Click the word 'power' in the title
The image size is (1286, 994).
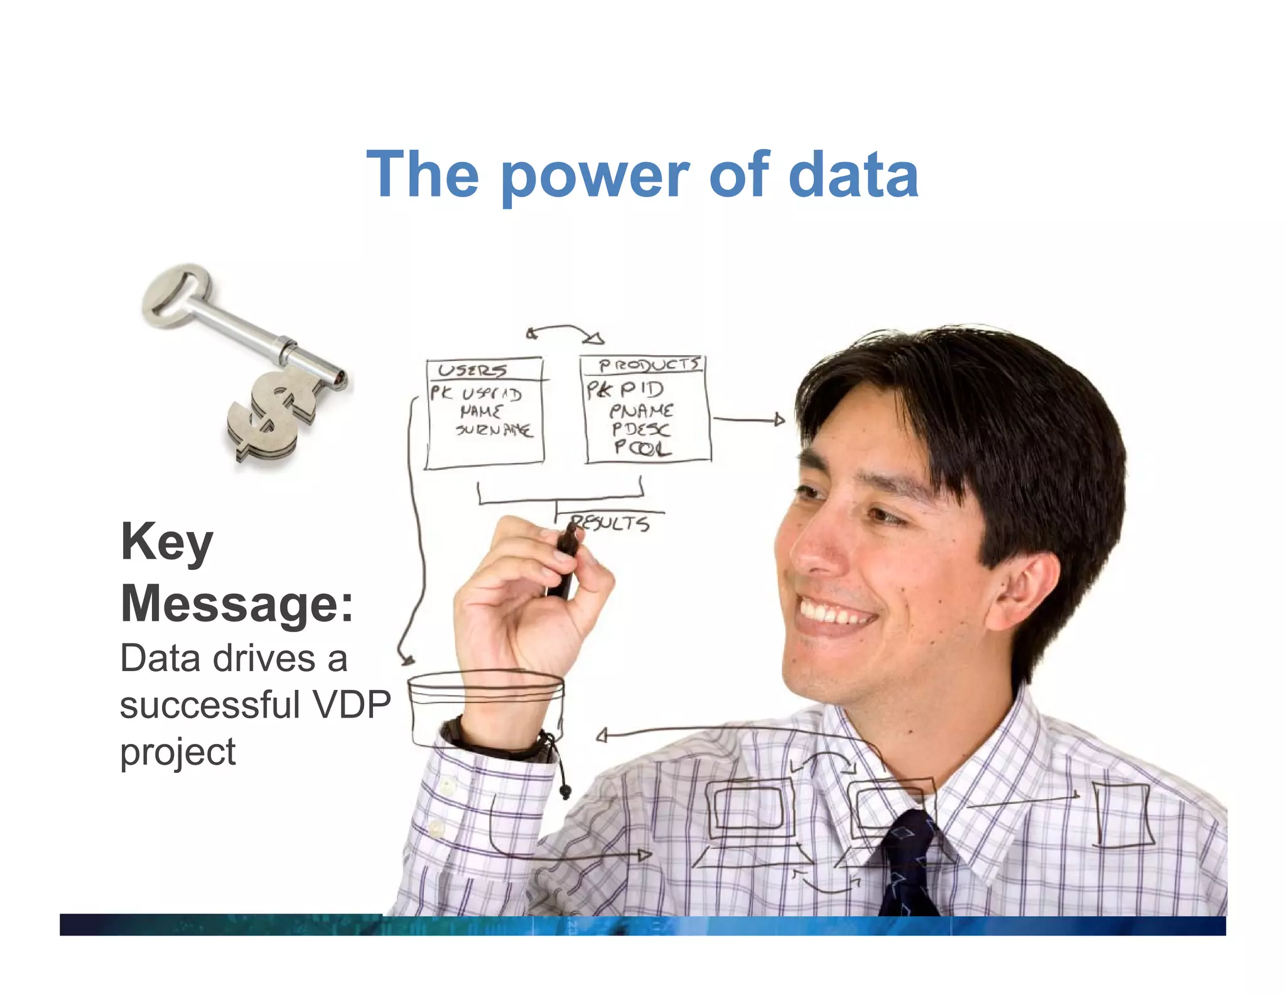(594, 177)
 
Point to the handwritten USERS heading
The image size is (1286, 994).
(472, 370)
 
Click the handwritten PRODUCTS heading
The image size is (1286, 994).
(648, 365)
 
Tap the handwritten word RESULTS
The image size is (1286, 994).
(610, 522)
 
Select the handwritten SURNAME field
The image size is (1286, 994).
(494, 430)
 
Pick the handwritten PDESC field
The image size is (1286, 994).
(641, 429)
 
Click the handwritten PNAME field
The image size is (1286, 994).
(641, 411)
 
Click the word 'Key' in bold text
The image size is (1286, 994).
(167, 542)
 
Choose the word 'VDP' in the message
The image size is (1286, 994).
(352, 704)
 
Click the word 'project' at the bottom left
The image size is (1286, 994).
(178, 751)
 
